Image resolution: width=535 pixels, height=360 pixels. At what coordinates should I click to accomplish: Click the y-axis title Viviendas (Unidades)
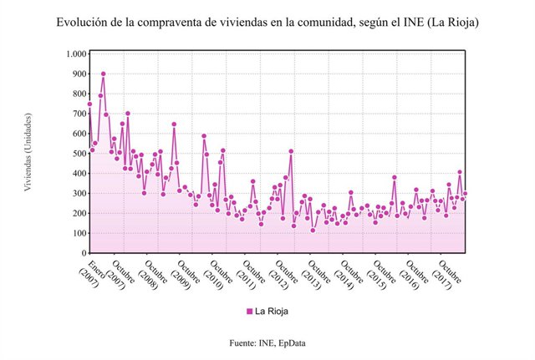pos(28,152)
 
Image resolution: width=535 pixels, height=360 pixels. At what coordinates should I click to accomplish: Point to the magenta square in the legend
pos(249,312)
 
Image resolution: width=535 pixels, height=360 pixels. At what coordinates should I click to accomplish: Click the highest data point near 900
pos(103,74)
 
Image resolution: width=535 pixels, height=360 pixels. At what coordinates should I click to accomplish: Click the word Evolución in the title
pos(80,22)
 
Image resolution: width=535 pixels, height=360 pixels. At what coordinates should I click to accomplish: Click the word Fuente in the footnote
pos(243,343)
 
